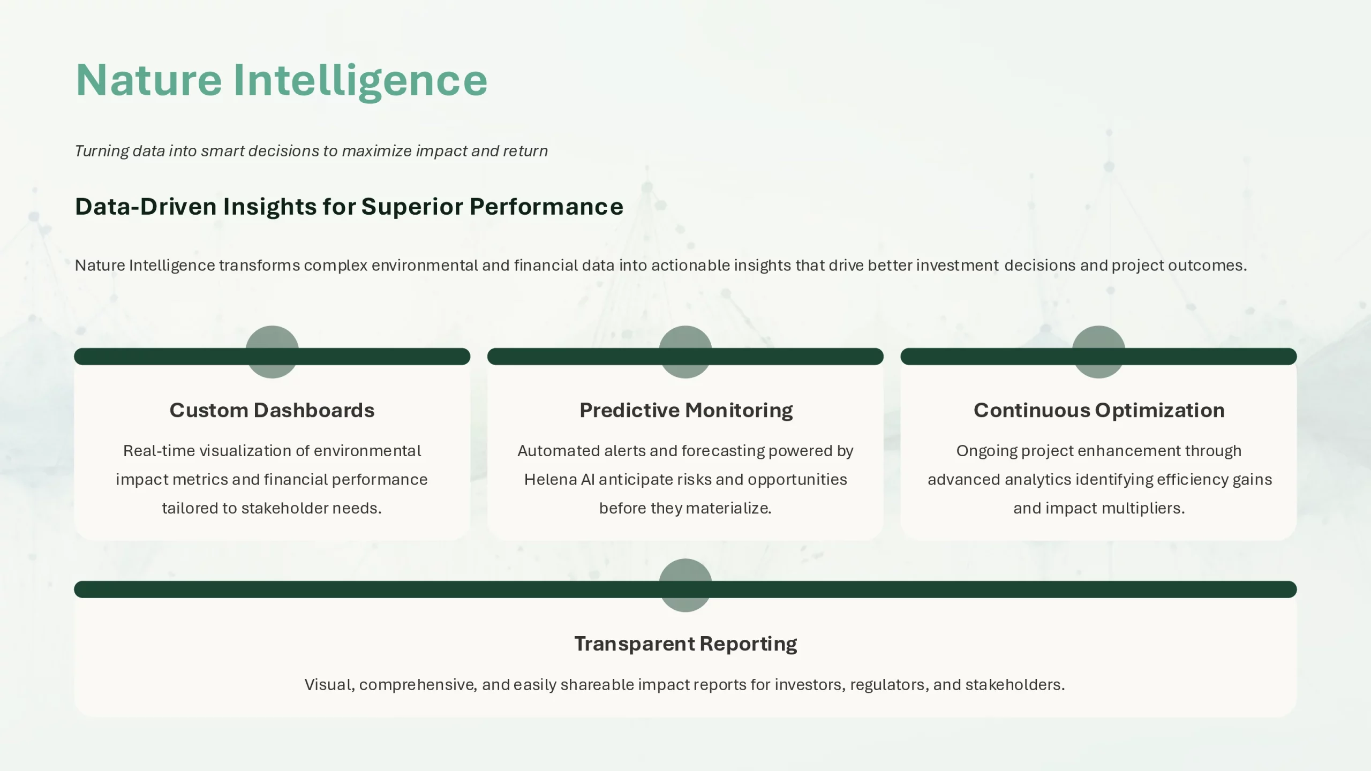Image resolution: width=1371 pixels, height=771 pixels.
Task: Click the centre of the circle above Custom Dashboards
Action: tap(272, 352)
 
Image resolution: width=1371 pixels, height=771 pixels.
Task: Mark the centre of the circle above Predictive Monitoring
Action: tap(685, 352)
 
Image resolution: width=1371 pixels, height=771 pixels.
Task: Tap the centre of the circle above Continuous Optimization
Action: tap(1098, 352)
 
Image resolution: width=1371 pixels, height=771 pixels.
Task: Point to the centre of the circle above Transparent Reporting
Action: tap(685, 585)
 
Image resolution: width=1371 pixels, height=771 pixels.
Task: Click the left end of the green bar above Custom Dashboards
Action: tap(74, 357)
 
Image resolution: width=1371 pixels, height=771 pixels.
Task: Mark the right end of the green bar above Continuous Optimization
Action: tap(1297, 357)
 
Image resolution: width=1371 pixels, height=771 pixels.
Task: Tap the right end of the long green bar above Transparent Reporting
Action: tap(1297, 589)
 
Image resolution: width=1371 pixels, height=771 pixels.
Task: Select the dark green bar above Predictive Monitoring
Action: tap(685, 357)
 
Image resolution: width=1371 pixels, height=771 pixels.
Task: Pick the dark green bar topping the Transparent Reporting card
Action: tap(685, 589)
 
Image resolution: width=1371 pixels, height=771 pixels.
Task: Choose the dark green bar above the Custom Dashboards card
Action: tap(272, 357)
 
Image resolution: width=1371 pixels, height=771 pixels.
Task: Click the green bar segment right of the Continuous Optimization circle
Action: tap(1211, 357)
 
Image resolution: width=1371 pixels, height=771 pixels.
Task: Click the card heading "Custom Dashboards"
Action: tap(272, 410)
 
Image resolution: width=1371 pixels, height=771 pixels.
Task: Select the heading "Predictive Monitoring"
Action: tap(686, 411)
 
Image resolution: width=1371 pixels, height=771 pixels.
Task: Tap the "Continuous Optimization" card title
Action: tap(1099, 411)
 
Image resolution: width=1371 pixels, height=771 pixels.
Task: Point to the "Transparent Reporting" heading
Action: tap(685, 644)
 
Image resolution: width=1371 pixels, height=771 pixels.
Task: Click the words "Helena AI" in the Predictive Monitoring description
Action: tap(559, 479)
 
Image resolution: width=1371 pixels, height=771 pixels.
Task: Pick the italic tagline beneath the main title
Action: tap(311, 151)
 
